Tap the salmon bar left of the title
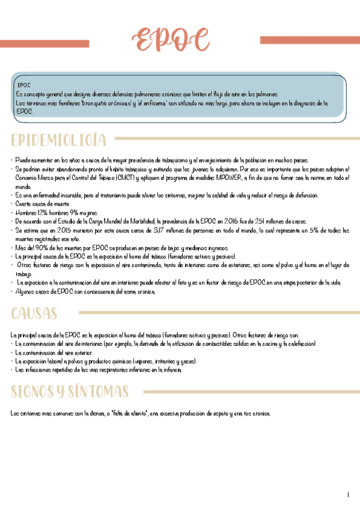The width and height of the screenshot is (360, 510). click(x=45, y=43)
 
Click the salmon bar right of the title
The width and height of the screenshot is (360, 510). click(x=310, y=40)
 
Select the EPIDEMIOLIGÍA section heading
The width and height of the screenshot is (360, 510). click(x=59, y=140)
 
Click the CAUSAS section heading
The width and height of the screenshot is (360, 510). click(x=34, y=313)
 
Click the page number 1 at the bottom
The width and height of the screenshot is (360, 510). click(x=348, y=495)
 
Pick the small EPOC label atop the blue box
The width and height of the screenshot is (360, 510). click(x=24, y=85)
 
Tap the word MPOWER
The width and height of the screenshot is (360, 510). click(x=226, y=179)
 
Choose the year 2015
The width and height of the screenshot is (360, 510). click(x=54, y=230)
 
